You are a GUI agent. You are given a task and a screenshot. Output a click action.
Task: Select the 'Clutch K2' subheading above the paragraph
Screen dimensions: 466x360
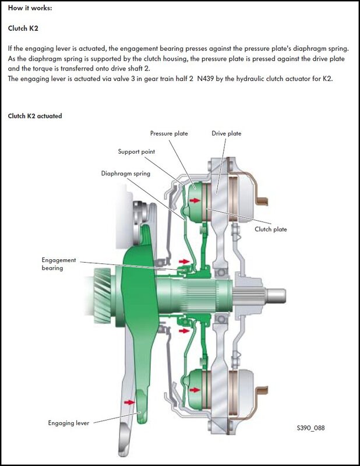23,28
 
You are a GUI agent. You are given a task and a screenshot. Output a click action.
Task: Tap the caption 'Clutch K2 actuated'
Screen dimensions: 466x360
35,116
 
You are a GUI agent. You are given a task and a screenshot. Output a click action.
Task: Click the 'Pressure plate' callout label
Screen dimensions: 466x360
169,133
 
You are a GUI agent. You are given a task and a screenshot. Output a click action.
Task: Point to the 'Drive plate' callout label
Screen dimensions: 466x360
226,133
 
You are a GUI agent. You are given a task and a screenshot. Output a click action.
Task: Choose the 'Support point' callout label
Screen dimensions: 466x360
136,151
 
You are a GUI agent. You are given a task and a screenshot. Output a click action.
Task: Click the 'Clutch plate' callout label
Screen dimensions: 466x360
271,229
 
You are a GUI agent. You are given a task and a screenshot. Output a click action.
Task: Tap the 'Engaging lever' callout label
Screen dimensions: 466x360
68,423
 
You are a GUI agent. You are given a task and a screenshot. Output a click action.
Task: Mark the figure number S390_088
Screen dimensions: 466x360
310,428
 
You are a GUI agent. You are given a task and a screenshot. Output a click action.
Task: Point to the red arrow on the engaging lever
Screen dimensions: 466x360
129,401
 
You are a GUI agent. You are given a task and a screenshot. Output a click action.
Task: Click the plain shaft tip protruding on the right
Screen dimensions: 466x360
277,294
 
